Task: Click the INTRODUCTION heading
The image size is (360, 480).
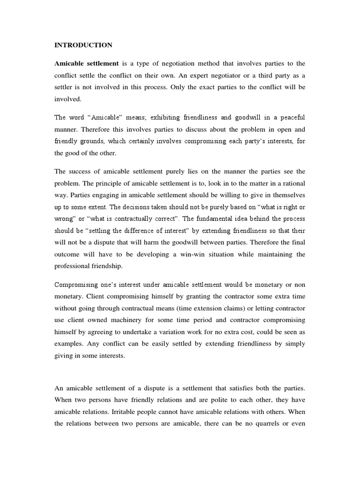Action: coord(83,45)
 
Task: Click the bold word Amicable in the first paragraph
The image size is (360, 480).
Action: coord(69,63)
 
